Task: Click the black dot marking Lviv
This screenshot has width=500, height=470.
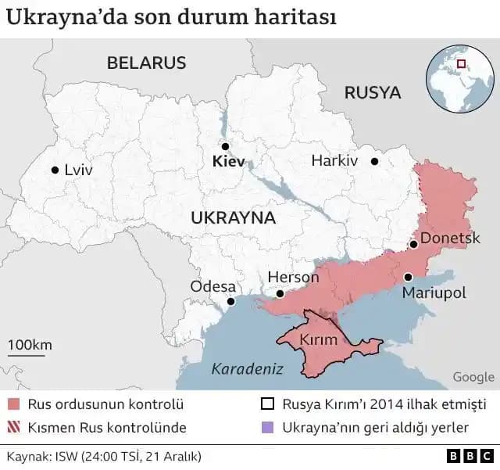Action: pyautogui.click(x=55, y=170)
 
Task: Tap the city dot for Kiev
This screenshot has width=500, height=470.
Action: pyautogui.click(x=225, y=146)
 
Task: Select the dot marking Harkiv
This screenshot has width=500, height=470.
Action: pyautogui.click(x=375, y=161)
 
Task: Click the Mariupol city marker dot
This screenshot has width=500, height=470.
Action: pyautogui.click(x=408, y=277)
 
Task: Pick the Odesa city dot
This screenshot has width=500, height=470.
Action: pyautogui.click(x=230, y=301)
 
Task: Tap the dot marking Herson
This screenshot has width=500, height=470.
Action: pyautogui.click(x=279, y=294)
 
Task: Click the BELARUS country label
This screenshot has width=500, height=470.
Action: pyautogui.click(x=147, y=63)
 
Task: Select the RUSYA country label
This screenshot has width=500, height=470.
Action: pyautogui.click(x=373, y=93)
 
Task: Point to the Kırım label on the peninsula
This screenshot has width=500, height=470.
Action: pyautogui.click(x=319, y=340)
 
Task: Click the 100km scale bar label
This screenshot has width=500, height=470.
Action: pyautogui.click(x=30, y=345)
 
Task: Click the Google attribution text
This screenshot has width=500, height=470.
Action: pyautogui.click(x=473, y=377)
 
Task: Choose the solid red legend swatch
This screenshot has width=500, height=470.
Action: pyautogui.click(x=13, y=405)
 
